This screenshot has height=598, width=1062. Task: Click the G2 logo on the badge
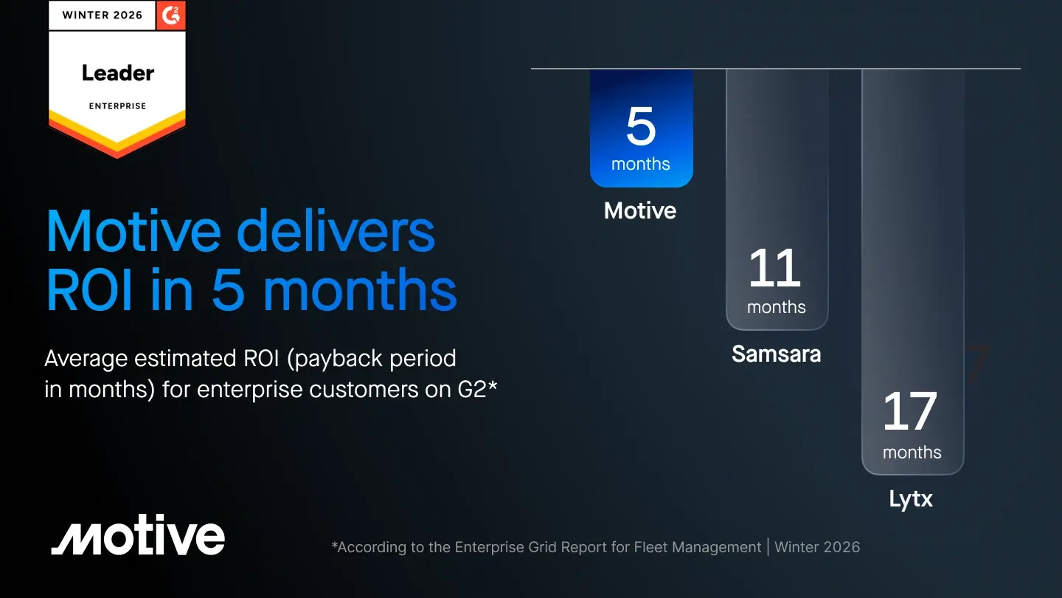[x=170, y=16]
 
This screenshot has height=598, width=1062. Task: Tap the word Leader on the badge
[x=118, y=73]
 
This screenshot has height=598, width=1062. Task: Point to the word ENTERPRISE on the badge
[x=117, y=106]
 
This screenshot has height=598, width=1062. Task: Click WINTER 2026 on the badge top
[x=103, y=16]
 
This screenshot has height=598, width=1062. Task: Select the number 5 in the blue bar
[x=641, y=126]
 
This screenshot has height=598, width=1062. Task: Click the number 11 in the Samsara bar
[x=774, y=268]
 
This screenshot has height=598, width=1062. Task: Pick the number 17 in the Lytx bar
[x=910, y=411]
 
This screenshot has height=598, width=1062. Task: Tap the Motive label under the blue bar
[x=640, y=210]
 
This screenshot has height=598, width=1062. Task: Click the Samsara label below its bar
[x=776, y=354]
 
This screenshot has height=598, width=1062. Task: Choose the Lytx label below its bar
[x=911, y=499]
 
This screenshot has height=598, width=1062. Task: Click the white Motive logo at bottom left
[x=138, y=535]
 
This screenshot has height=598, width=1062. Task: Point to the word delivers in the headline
[x=335, y=232]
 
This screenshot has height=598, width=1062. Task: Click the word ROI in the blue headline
[x=89, y=290]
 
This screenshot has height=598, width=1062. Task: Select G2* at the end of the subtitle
[x=477, y=389]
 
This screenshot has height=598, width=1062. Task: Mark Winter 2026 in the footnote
[x=817, y=547]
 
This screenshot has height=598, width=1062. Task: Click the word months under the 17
[x=912, y=453]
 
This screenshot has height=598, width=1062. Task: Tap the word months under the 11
[x=776, y=307]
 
